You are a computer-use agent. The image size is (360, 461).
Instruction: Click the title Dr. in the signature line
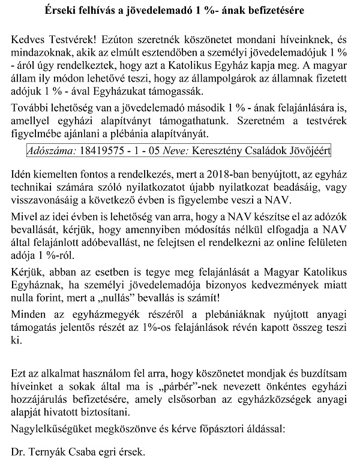(19, 450)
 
